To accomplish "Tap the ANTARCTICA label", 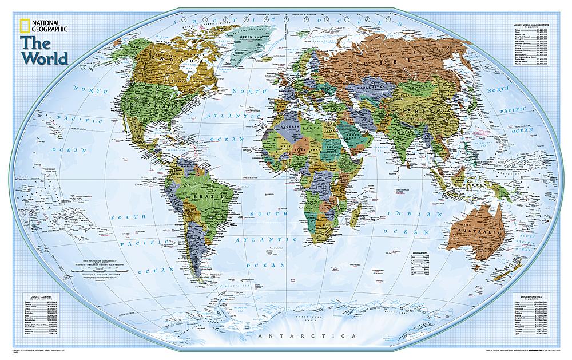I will (307, 334).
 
